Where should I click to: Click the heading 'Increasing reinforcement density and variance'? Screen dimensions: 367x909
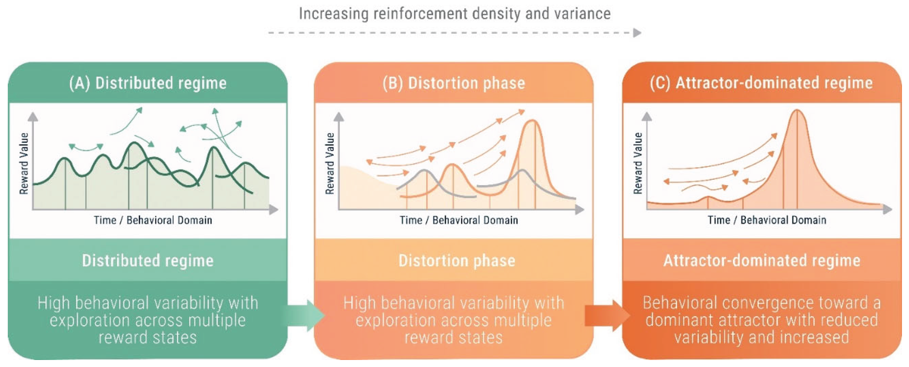click(454, 14)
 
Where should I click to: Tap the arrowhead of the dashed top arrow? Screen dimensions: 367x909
click(637, 33)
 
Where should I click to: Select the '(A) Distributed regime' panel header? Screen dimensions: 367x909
click(148, 83)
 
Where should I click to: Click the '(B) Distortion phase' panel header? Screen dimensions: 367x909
click(454, 83)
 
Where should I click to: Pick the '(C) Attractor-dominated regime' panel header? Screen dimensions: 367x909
click(761, 83)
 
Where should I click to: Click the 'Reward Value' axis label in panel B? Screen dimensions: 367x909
click(330, 163)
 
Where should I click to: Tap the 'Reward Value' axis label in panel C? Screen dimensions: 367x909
click(638, 163)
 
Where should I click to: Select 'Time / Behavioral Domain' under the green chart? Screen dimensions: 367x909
click(153, 220)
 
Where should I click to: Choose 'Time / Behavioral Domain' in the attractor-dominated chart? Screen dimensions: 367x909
click(767, 220)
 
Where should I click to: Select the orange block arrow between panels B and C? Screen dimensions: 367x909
click(608, 315)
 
